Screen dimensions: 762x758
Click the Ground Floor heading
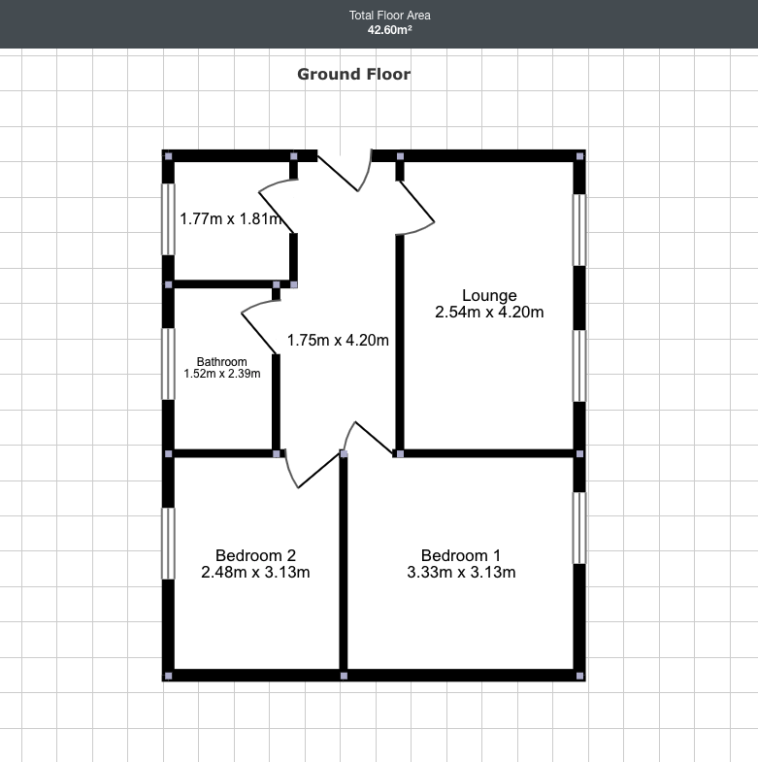tap(353, 74)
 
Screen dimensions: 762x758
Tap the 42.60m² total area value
tap(389, 30)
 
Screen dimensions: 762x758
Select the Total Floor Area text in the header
tap(389, 16)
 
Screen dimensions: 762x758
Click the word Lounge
tap(489, 295)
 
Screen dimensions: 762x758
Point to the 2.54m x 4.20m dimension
tap(489, 312)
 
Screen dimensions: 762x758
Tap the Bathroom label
tap(222, 361)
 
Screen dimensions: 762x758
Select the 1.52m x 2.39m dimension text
tap(222, 373)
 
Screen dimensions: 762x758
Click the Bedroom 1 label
tap(461, 555)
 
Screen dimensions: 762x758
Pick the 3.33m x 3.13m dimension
tap(461, 572)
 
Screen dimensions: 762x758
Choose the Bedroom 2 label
tap(255, 555)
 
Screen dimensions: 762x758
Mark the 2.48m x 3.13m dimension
tap(255, 572)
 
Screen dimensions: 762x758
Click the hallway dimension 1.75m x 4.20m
tap(338, 340)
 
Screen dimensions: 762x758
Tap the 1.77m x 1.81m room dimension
tap(230, 218)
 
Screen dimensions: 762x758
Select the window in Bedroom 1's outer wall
tap(579, 527)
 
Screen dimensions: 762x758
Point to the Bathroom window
tap(169, 363)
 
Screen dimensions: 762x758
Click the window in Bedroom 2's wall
tap(169, 544)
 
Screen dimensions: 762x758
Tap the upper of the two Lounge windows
tap(579, 229)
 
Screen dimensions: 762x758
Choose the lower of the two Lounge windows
tap(579, 365)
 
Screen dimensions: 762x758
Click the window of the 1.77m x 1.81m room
tap(169, 218)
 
